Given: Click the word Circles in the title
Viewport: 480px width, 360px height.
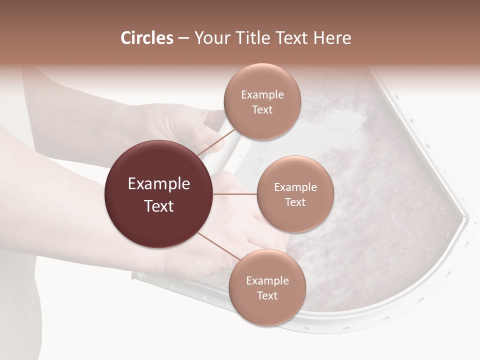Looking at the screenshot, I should (146, 38).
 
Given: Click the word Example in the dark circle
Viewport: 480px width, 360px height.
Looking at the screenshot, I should (158, 184).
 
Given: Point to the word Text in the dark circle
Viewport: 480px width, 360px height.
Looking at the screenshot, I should (158, 206).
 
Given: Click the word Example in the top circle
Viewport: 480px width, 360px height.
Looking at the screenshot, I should (262, 95).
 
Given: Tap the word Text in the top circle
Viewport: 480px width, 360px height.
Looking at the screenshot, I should (262, 110).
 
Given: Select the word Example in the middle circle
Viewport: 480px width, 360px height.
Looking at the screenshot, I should (295, 187).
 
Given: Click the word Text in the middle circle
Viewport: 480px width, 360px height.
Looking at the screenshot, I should (295, 202).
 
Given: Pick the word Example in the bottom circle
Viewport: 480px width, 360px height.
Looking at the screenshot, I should (267, 281).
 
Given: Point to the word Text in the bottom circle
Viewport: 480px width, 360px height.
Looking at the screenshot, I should (267, 296).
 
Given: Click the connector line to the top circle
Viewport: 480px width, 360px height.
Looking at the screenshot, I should (216, 142).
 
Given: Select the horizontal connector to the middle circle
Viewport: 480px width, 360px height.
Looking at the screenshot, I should (235, 194).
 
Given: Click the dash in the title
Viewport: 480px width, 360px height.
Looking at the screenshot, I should (183, 38).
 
